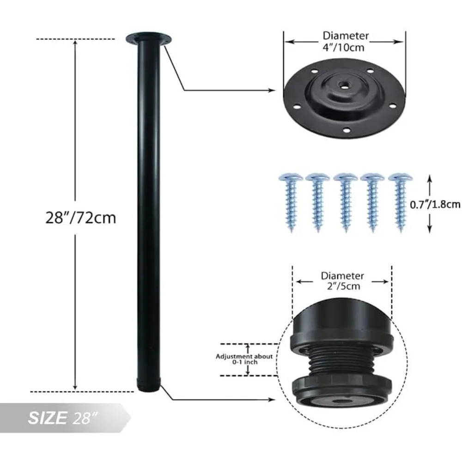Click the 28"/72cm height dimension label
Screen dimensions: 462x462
80,217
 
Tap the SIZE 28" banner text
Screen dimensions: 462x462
63,419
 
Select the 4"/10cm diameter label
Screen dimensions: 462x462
346,41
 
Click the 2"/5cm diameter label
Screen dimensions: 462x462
342,280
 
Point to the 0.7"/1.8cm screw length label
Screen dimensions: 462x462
435,204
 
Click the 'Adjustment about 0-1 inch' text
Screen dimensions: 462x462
244,359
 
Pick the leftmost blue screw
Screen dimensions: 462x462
291,201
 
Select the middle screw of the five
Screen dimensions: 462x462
345,201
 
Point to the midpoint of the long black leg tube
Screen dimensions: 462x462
149,213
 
